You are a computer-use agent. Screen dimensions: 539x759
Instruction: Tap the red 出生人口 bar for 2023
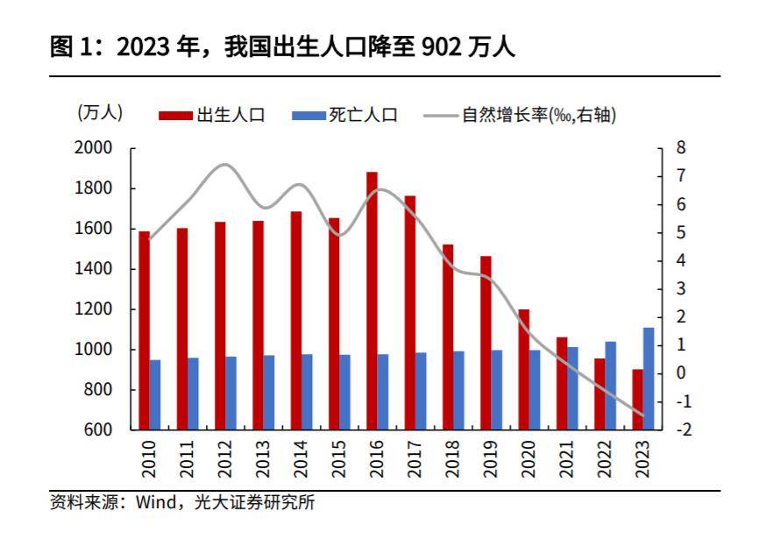pyautogui.click(x=637, y=400)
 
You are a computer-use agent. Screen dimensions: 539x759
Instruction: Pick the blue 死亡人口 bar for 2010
pyautogui.click(x=155, y=394)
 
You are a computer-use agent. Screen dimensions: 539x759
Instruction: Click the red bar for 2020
pyautogui.click(x=523, y=369)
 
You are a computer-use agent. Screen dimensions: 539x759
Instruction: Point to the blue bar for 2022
pyautogui.click(x=610, y=386)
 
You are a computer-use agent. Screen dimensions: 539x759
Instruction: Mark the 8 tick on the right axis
pyautogui.click(x=681, y=148)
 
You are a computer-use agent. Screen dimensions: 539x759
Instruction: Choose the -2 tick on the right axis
pyautogui.click(x=684, y=429)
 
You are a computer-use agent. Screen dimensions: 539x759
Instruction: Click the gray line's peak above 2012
pyautogui.click(x=224, y=164)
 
